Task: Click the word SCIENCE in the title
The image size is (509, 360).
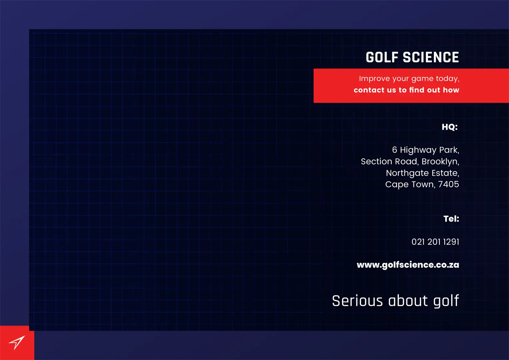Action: point(431,57)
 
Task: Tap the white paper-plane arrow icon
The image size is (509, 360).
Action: point(17,342)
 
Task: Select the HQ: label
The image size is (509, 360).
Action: point(450,127)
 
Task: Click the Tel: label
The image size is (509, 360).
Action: point(451,219)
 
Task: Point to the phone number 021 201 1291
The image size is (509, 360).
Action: point(435,242)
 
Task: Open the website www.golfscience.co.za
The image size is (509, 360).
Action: point(408,265)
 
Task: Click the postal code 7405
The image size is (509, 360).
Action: point(449,184)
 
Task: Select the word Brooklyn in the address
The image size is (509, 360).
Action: point(440,161)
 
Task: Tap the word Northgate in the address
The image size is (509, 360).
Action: point(407,173)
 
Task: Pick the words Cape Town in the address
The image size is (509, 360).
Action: point(409,185)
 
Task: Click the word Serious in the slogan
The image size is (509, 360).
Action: point(357,301)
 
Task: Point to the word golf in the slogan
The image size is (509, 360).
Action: point(446,301)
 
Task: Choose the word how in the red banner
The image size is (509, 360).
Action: point(451,90)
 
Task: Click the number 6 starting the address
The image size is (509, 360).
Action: point(395,150)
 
